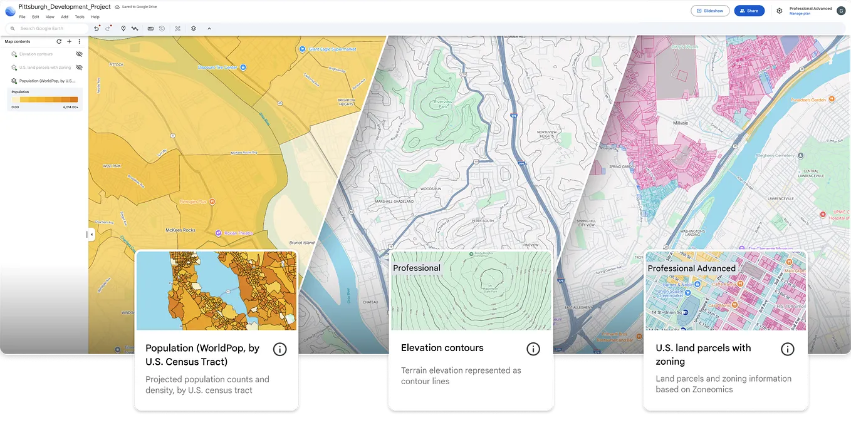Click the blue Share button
749,11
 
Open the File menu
22,17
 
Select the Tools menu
80,17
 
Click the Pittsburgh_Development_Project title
65,7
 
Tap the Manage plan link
800,14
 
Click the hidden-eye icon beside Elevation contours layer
80,54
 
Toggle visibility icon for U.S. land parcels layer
80,68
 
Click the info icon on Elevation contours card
533,349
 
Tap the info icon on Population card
280,349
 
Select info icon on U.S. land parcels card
787,349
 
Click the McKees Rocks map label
180,230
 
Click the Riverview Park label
442,103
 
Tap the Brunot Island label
301,242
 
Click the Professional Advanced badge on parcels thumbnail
691,268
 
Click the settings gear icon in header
780,11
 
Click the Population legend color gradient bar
44,99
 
